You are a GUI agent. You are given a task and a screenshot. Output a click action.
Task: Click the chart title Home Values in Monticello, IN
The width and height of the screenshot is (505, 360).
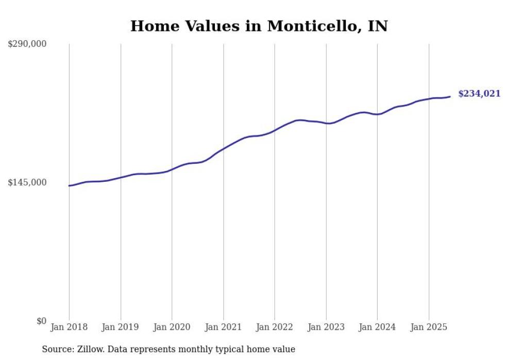click(x=259, y=26)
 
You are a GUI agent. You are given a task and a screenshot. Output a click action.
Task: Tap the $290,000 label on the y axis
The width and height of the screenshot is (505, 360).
click(x=27, y=44)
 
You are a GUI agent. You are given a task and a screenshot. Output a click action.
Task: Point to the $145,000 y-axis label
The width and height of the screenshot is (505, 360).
click(x=27, y=182)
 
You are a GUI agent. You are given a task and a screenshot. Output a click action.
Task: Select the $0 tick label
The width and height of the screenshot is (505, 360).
click(x=41, y=321)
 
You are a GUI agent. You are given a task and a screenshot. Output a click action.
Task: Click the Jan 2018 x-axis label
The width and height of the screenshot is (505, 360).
click(x=69, y=327)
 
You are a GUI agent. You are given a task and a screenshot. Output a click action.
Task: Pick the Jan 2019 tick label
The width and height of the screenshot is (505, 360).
click(x=121, y=327)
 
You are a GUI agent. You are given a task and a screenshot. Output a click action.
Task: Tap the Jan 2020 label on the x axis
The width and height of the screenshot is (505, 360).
click(x=172, y=327)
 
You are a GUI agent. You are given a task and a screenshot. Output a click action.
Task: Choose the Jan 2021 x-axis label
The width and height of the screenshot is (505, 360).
click(x=223, y=327)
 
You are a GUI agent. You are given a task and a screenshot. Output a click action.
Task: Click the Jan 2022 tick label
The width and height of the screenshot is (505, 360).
click(x=275, y=327)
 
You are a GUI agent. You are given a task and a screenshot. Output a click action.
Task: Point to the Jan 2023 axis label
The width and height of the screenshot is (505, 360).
click(x=326, y=327)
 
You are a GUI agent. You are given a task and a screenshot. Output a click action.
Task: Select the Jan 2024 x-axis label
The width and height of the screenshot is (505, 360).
click(x=377, y=327)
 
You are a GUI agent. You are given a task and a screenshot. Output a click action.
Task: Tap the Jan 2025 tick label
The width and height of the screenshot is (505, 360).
click(x=429, y=327)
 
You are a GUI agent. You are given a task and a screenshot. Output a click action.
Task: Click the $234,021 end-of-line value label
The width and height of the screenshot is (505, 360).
click(x=479, y=94)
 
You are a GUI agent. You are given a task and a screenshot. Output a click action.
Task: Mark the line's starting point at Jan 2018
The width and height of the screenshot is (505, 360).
click(x=70, y=185)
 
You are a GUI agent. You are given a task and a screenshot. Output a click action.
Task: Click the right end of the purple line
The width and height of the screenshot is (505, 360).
click(x=450, y=96)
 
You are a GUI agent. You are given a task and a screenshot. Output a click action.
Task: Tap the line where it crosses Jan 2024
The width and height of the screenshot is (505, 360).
click(x=377, y=114)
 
